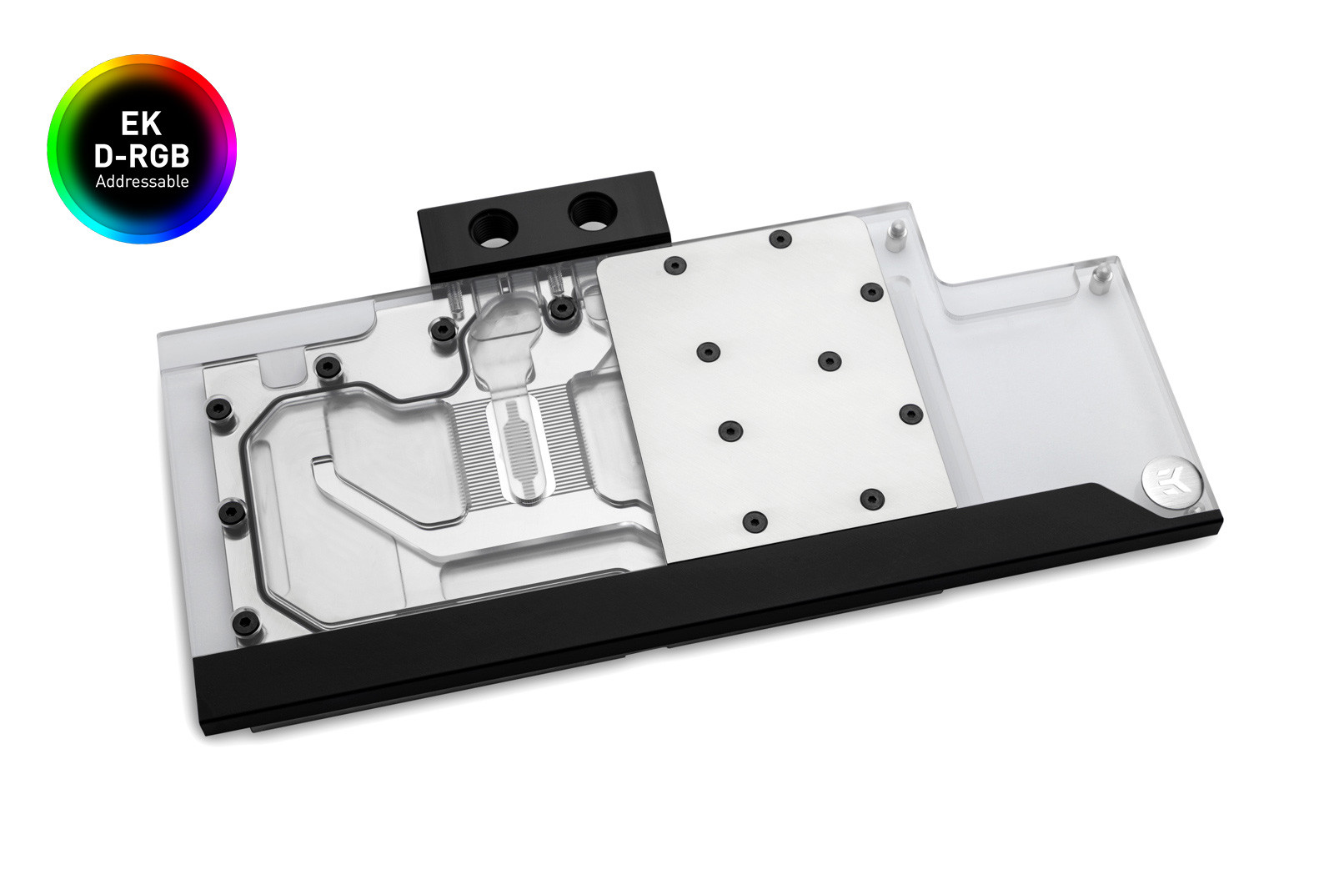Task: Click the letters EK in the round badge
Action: click(x=141, y=123)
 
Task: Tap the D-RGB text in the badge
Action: click(x=142, y=156)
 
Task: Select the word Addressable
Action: click(x=142, y=182)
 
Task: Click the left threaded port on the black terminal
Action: click(x=494, y=228)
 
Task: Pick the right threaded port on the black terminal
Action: click(x=593, y=212)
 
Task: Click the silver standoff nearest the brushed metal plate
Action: click(x=895, y=236)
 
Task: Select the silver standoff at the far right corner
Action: click(x=1101, y=279)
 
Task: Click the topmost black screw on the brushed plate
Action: click(x=780, y=239)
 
